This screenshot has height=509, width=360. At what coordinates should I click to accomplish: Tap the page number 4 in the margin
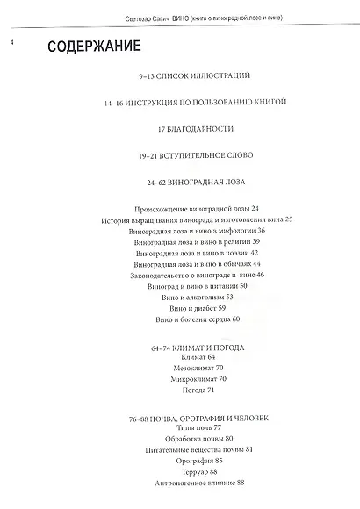11,39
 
